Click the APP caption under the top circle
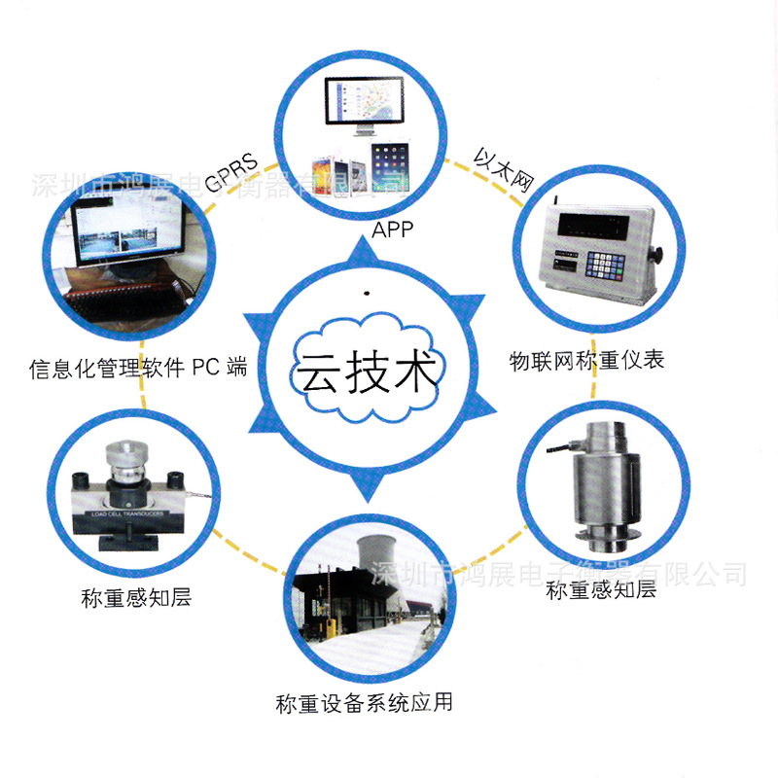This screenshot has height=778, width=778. click(x=393, y=230)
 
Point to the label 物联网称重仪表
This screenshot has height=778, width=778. click(x=587, y=361)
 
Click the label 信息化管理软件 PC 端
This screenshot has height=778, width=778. click(x=138, y=368)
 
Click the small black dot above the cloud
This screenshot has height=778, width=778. click(x=367, y=292)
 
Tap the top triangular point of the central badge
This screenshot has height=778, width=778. click(x=367, y=249)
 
